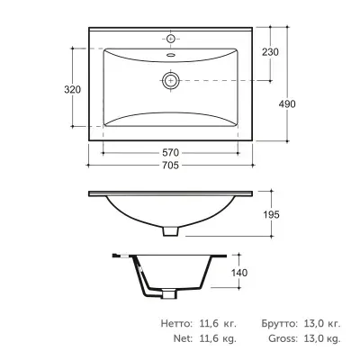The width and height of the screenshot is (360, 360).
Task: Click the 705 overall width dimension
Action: pos(170,166)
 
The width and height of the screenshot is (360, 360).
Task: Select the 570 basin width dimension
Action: pos(170,153)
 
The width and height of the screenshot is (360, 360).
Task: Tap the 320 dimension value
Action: pos(73,89)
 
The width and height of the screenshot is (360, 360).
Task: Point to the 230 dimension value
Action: pos(270,52)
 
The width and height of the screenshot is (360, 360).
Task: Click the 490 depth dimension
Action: pos(287,104)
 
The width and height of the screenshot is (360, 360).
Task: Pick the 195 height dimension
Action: pos(271,215)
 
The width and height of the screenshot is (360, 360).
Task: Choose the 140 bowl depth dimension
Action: pos(239,273)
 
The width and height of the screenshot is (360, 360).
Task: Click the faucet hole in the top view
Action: pos(171,39)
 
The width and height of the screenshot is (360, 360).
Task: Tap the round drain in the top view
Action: pos(171,81)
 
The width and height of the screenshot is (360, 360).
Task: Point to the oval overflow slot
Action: pos(171,55)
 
